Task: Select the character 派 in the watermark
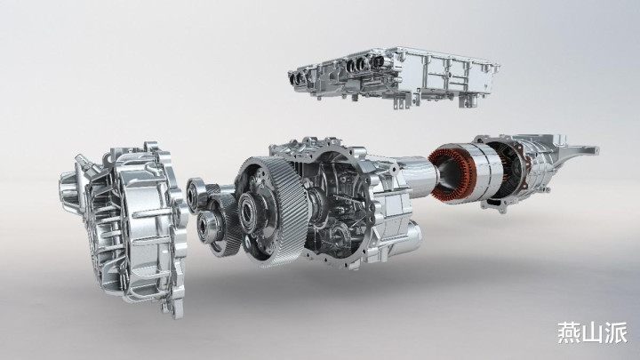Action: (x=616, y=332)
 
